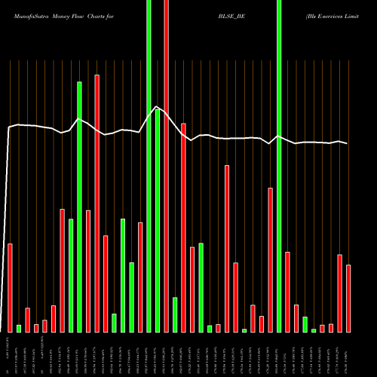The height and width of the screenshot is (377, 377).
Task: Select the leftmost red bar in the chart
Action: [11, 287]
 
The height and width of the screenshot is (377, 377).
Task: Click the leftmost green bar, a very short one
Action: [19, 328]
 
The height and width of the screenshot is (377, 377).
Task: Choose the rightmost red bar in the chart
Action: [348, 298]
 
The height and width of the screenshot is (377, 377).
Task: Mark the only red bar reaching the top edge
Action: [166, 166]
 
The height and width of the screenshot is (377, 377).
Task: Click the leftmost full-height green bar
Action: [149, 166]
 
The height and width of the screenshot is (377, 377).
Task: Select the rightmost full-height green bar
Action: [279, 166]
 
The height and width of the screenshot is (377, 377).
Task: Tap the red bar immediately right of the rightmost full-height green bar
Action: [288, 291]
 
